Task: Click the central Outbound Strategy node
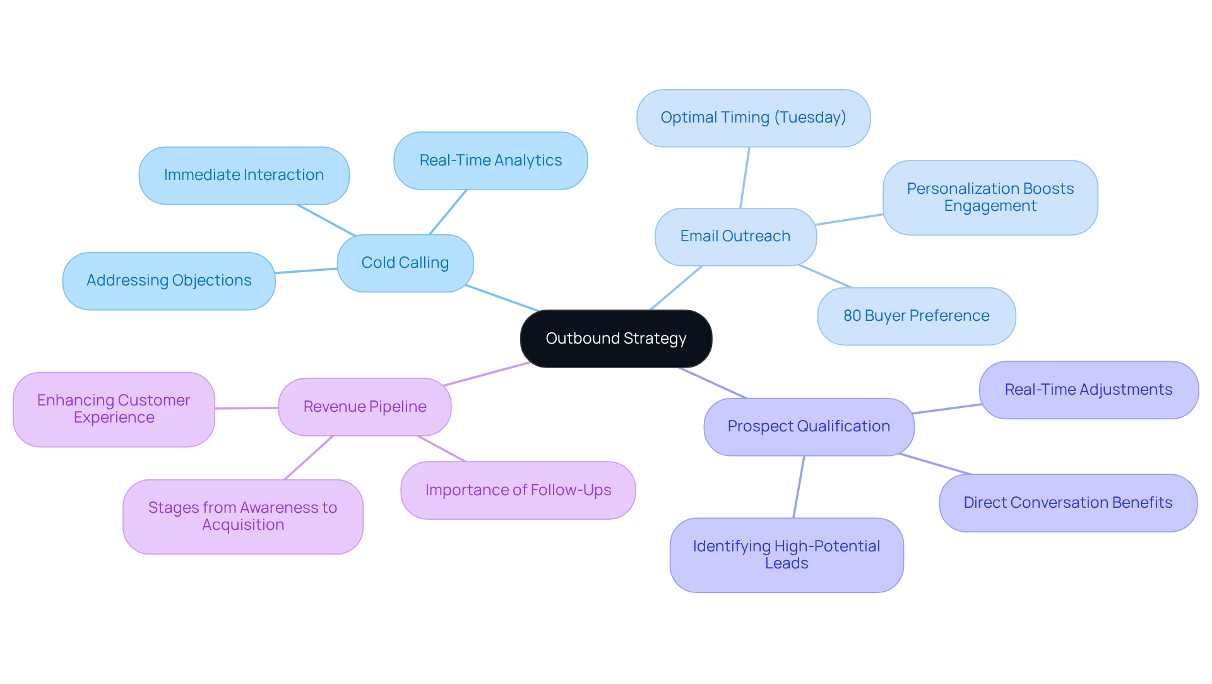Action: tap(615, 339)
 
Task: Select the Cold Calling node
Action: tap(405, 263)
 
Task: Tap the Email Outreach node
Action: tap(735, 236)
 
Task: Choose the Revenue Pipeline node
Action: tap(364, 407)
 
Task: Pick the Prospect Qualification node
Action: tap(808, 426)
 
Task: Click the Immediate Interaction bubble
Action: tap(244, 175)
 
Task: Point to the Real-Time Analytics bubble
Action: tap(490, 160)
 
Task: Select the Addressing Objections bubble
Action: tap(169, 280)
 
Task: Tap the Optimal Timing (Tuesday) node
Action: tap(753, 117)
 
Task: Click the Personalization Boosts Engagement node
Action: tap(990, 197)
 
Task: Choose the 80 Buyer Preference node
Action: tap(916, 316)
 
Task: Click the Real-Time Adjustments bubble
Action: tap(1088, 390)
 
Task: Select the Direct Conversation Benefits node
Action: tap(1067, 503)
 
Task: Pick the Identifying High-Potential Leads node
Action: tap(786, 555)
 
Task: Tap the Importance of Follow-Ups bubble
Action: tap(518, 490)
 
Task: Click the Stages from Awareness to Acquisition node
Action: tap(242, 516)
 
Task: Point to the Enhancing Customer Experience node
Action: tap(114, 409)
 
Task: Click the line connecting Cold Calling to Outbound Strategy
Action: tap(502, 298)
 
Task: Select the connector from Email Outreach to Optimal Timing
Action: tap(745, 177)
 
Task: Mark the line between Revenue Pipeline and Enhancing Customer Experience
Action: tap(246, 408)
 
